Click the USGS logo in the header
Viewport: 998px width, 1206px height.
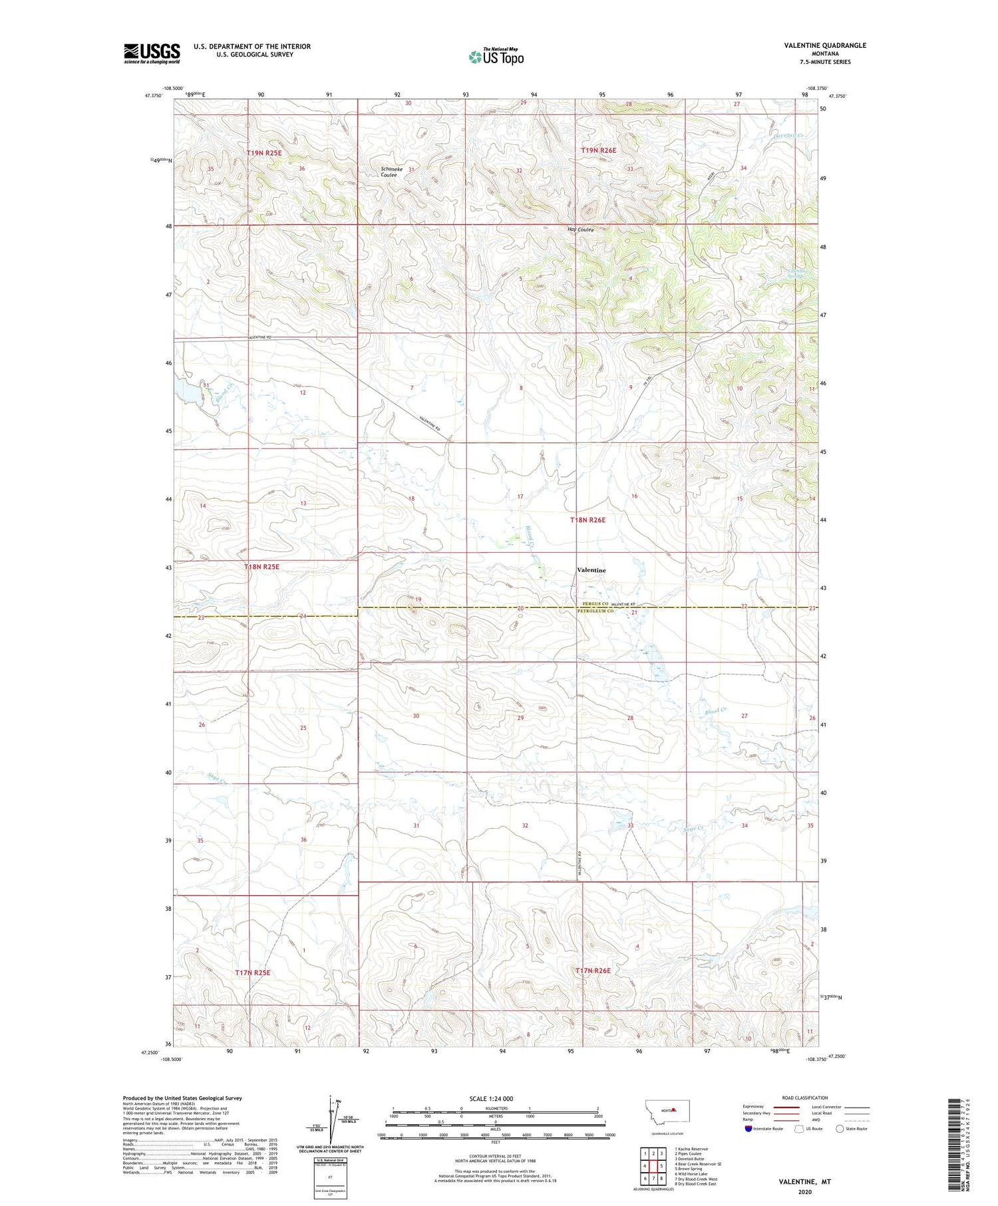click(152, 53)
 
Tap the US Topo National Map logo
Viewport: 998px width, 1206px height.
click(496, 57)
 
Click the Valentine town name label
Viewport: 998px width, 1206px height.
click(591, 570)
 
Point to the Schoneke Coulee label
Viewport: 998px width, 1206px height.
click(390, 172)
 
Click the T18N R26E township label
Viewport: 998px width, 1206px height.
click(587, 520)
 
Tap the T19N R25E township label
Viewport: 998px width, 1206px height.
click(264, 153)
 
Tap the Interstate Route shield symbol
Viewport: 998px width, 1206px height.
click(748, 1128)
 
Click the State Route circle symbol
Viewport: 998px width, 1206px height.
click(840, 1128)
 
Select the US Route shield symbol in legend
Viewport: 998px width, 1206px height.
click(798, 1128)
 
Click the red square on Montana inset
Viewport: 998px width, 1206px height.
click(675, 1110)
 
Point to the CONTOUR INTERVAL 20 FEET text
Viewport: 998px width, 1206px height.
click(488, 1156)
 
